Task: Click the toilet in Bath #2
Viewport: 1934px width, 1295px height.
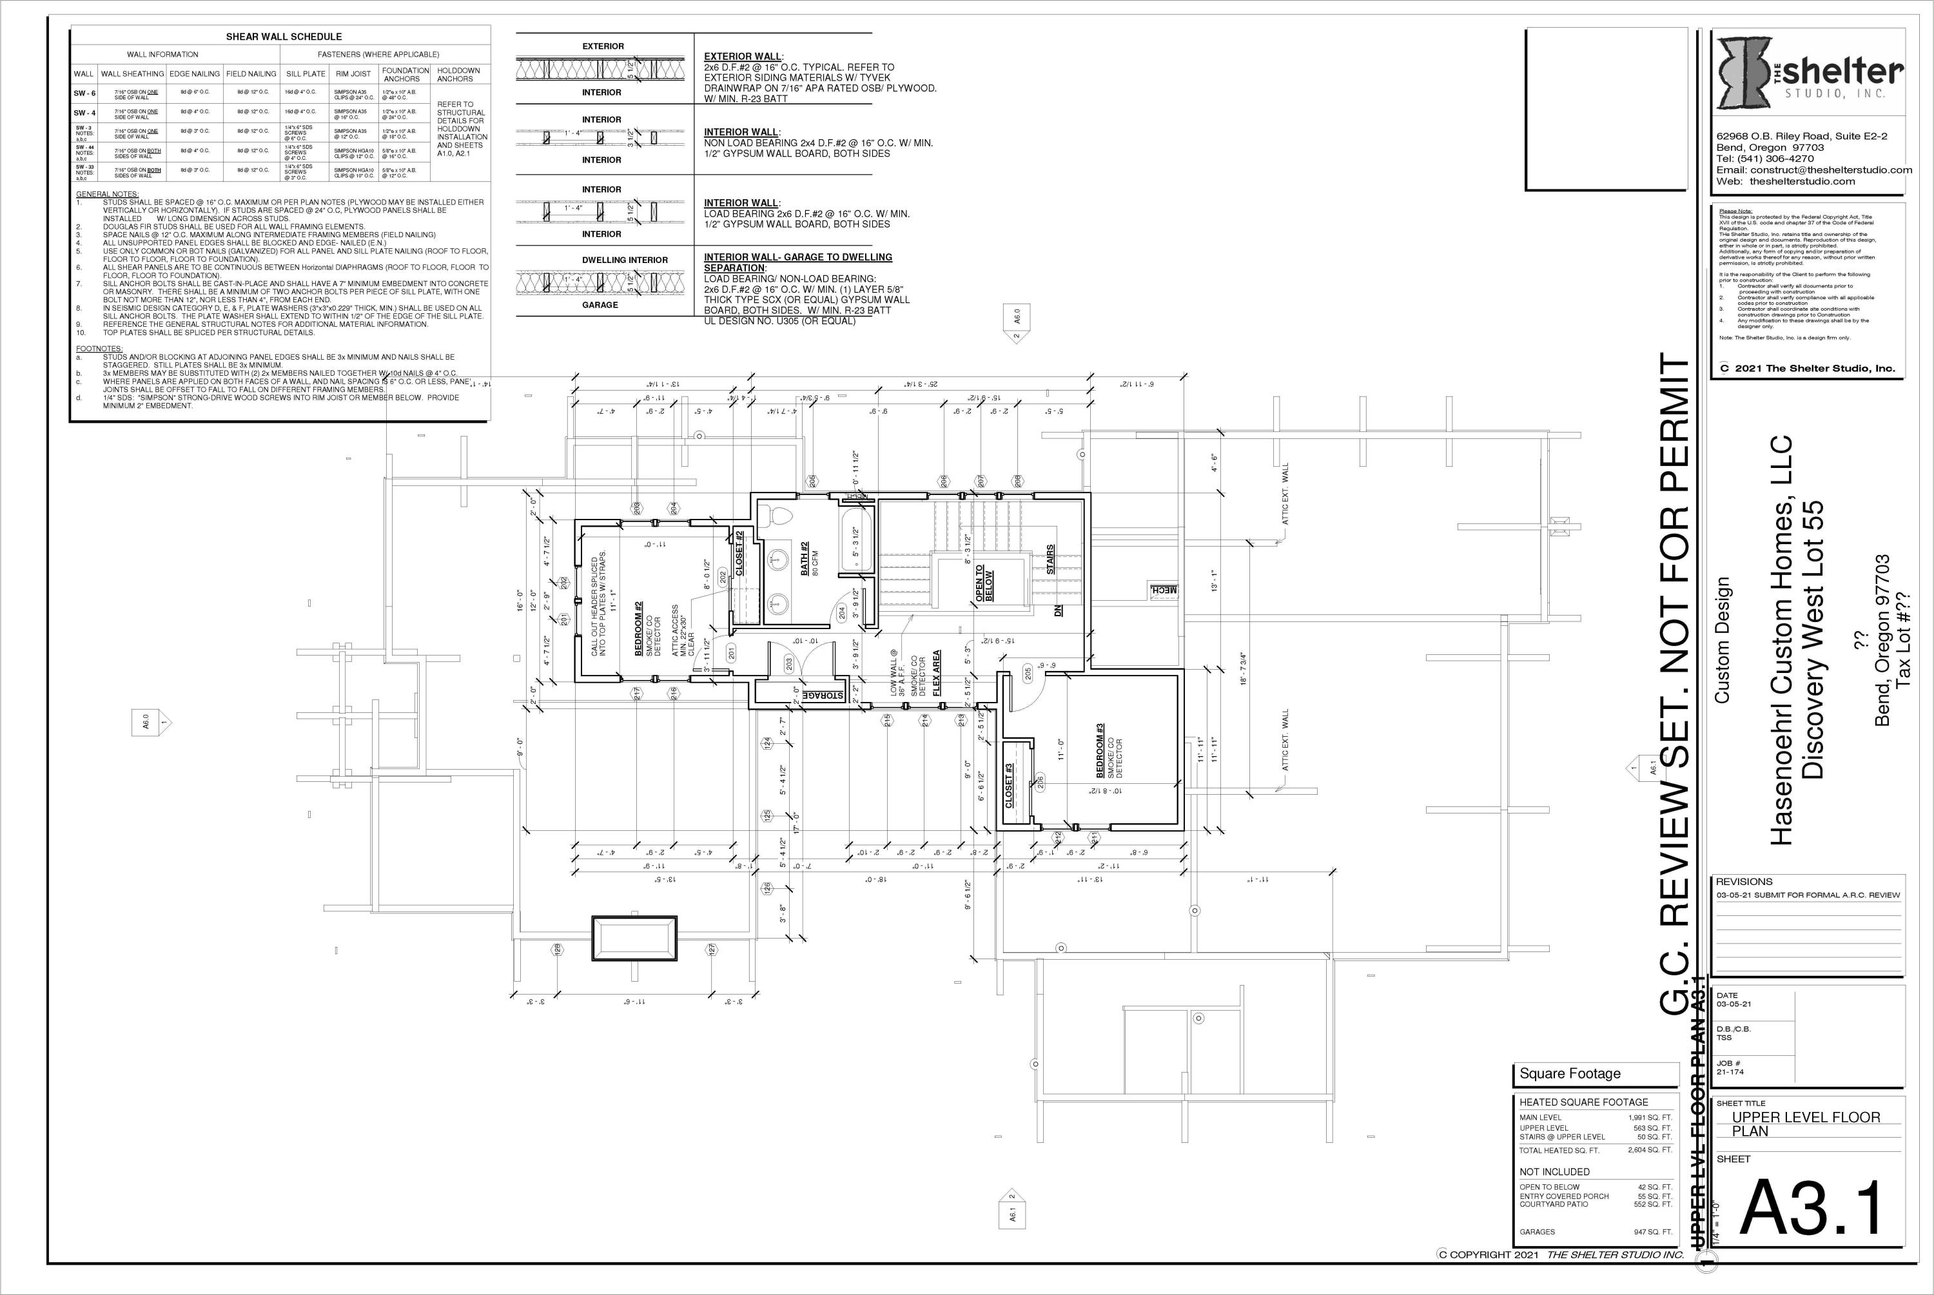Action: [x=777, y=516]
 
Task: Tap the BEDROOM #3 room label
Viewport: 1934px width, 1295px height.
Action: [x=1100, y=750]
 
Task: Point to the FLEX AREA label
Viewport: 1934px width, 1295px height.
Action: [x=937, y=673]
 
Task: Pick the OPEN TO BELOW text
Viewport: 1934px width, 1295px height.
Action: [x=984, y=583]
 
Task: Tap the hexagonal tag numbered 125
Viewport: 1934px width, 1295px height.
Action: [x=767, y=815]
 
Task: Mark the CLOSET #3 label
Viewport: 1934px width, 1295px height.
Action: [x=1008, y=785]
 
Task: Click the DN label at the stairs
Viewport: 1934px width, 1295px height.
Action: [x=1059, y=611]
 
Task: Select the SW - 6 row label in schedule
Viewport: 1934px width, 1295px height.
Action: [x=84, y=93]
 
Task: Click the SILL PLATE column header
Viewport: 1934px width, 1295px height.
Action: [x=306, y=74]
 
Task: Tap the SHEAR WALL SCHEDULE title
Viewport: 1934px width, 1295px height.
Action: [x=283, y=36]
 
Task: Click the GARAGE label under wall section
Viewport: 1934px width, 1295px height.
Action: [x=600, y=305]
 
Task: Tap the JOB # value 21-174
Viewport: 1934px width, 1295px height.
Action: [x=1730, y=1072]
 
